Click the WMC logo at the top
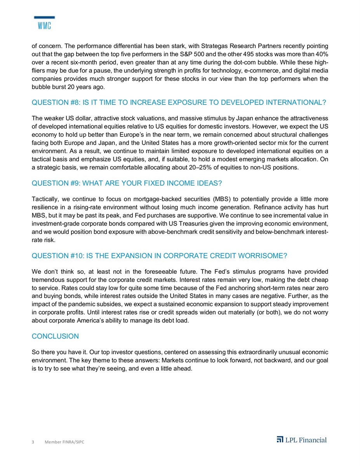(x=44, y=23)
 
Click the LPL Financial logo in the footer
(x=301, y=440)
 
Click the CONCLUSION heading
(x=55, y=336)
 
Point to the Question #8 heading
(x=178, y=103)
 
